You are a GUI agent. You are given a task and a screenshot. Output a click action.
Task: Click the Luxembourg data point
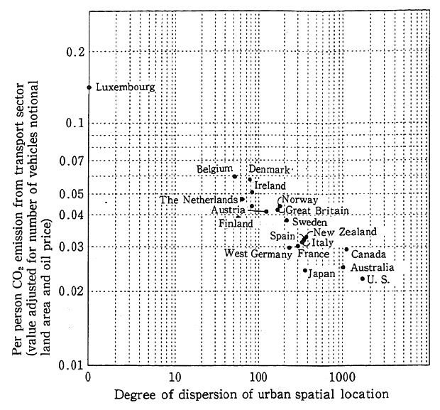click(89, 87)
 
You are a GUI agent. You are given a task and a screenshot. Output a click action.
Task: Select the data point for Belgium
click(234, 176)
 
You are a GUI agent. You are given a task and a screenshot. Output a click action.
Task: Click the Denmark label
click(270, 170)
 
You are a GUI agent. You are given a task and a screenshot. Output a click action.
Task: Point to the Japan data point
click(305, 270)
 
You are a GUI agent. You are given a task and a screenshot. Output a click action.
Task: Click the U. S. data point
click(363, 278)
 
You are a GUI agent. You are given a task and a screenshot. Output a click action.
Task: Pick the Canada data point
click(347, 249)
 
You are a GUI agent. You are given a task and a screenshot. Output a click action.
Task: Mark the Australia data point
click(343, 267)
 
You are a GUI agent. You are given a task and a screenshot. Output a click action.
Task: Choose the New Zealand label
click(345, 232)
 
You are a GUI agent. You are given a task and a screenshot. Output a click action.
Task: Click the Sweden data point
click(287, 220)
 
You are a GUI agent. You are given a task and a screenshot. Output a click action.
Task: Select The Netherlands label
click(199, 200)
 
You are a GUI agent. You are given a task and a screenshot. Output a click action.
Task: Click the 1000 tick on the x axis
click(343, 377)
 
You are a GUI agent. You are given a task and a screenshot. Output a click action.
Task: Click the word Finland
click(236, 224)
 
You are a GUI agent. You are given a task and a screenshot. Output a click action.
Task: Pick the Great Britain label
click(317, 211)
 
